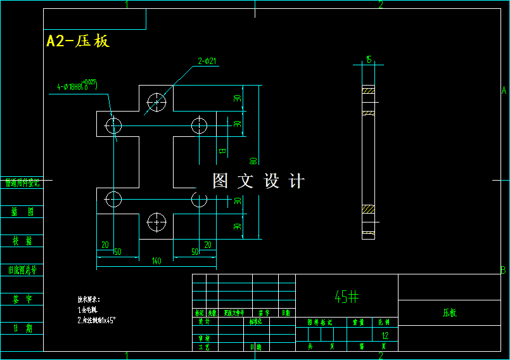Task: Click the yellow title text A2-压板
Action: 78,41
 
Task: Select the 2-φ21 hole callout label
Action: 207,61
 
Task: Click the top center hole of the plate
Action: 156,101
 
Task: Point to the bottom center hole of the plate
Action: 156,222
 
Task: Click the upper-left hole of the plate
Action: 113,125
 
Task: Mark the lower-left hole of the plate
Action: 113,199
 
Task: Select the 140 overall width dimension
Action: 156,260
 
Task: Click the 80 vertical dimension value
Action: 252,162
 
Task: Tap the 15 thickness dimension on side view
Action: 368,60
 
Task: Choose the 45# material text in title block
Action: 347,296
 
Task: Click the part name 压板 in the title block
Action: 449,312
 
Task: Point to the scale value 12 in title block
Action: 385,335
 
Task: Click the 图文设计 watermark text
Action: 258,181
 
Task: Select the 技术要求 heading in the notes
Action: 89,299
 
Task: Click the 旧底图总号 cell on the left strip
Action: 22,270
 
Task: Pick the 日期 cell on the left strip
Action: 22,328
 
